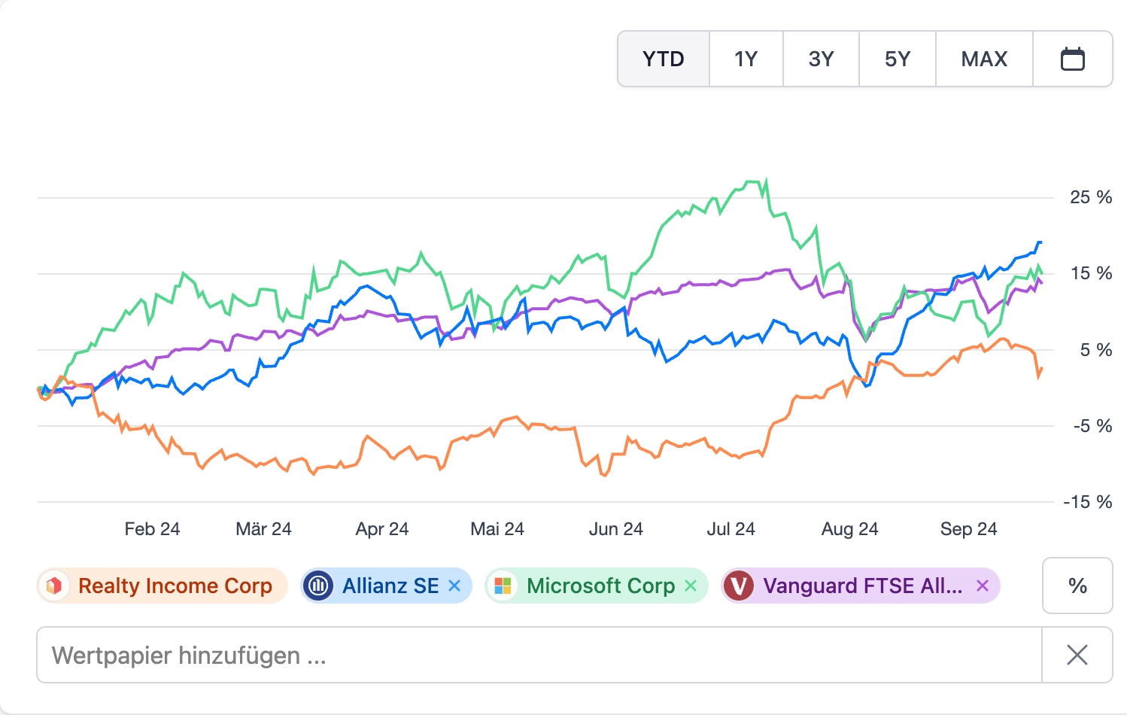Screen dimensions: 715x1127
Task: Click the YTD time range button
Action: pyautogui.click(x=663, y=59)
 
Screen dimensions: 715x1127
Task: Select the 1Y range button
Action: pyautogui.click(x=746, y=59)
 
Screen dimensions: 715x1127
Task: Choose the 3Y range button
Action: pyautogui.click(x=821, y=59)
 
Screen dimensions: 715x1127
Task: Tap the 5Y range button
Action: pyautogui.click(x=898, y=59)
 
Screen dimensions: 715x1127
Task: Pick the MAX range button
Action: pyautogui.click(x=984, y=59)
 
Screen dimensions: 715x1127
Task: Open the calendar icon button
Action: pyautogui.click(x=1072, y=59)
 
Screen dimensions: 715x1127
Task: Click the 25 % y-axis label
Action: pyautogui.click(x=1090, y=197)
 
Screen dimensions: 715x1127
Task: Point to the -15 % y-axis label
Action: pyautogui.click(x=1087, y=502)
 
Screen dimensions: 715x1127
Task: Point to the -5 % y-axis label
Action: pyautogui.click(x=1092, y=426)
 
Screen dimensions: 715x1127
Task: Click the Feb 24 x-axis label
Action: pyautogui.click(x=152, y=529)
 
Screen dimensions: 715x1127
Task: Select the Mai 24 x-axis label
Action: pyautogui.click(x=497, y=529)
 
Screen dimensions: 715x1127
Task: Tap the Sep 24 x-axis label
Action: pyautogui.click(x=968, y=529)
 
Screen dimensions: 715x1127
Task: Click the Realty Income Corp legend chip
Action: pyautogui.click(x=163, y=586)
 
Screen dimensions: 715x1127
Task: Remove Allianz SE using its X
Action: pyautogui.click(x=454, y=586)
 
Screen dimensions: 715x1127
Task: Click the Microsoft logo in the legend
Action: pyautogui.click(x=503, y=586)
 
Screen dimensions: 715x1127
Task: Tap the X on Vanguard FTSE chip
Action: pyautogui.click(x=983, y=586)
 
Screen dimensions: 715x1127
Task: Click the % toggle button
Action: pyautogui.click(x=1077, y=586)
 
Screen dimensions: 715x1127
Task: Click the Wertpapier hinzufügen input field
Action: pyautogui.click(x=539, y=655)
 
